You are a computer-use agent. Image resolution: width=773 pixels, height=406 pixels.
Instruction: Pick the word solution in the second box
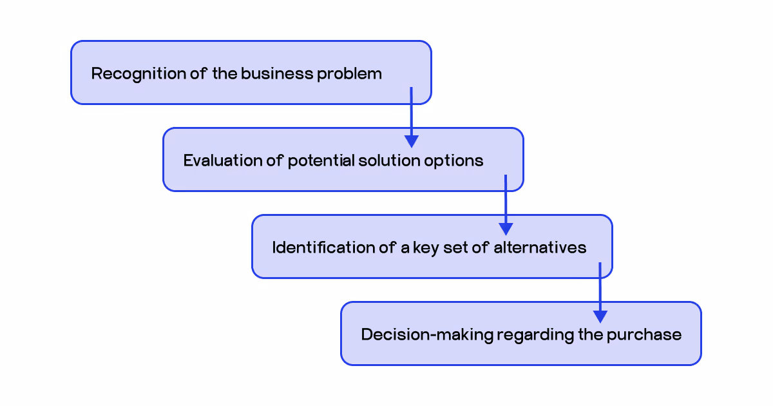[x=389, y=160]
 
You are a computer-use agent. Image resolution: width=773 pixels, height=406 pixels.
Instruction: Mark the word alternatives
[x=540, y=247]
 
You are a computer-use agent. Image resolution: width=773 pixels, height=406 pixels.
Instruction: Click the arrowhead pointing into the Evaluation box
[x=411, y=142]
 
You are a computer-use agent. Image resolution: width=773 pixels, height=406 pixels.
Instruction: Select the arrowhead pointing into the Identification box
[x=506, y=229]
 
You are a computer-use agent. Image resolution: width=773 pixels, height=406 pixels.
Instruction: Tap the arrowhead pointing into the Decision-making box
[x=600, y=316]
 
